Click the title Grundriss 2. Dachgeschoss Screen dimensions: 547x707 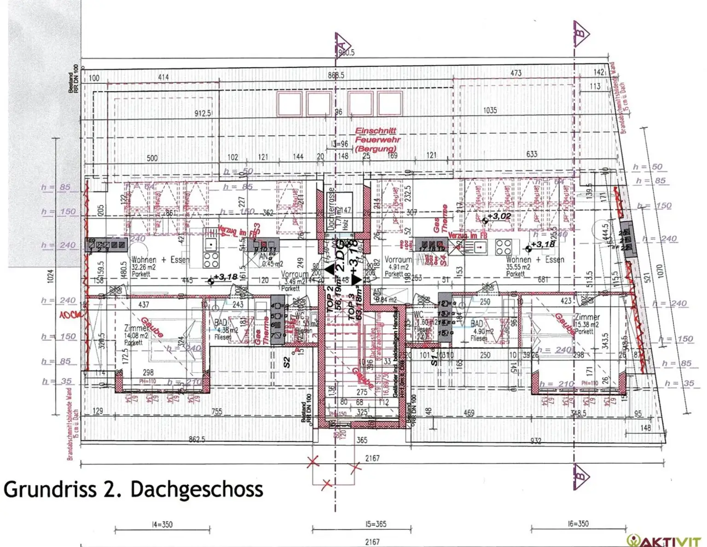click(x=133, y=489)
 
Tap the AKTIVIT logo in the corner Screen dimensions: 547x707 click(x=666, y=540)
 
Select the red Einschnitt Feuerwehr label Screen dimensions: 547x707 click(x=376, y=140)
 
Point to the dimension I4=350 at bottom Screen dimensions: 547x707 click(x=162, y=524)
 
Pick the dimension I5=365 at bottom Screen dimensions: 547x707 click(x=376, y=524)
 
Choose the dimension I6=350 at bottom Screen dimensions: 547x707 click(x=578, y=524)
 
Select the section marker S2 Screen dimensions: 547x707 click(x=287, y=362)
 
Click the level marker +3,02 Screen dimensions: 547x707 click(x=498, y=216)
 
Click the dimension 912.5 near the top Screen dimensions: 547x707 click(x=203, y=113)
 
